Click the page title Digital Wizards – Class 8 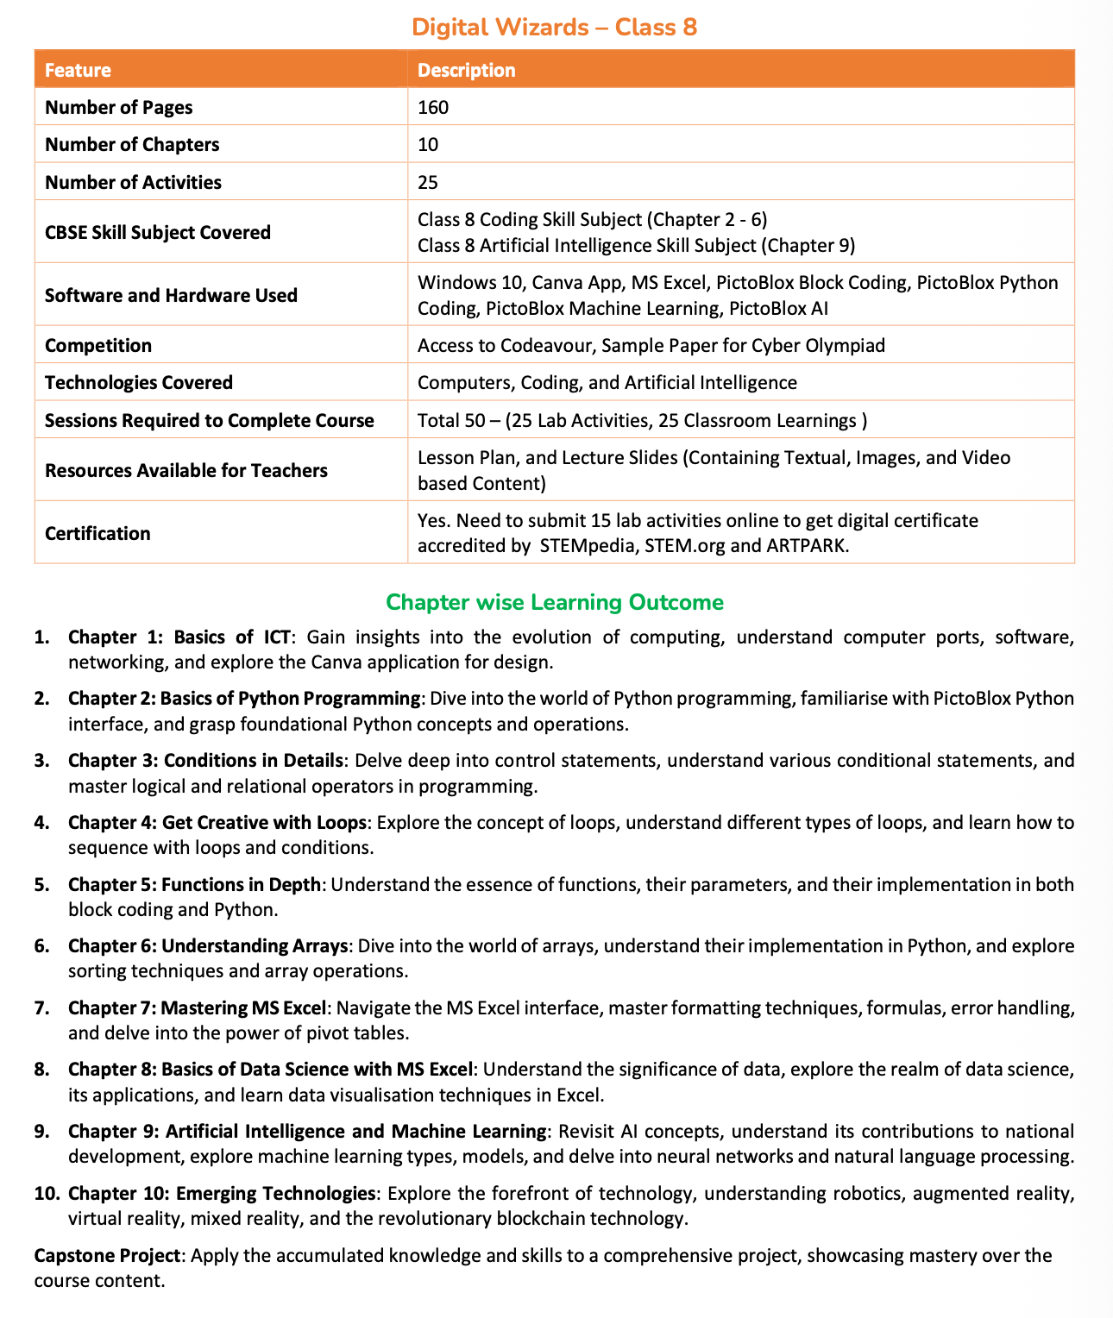click(x=555, y=27)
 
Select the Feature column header click(x=78, y=70)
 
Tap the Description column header click(x=466, y=70)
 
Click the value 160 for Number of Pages click(x=433, y=107)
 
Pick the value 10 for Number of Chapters click(x=428, y=144)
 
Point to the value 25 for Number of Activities click(x=428, y=182)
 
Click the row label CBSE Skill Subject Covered click(x=157, y=232)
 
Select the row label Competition click(x=97, y=345)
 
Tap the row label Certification click(x=97, y=533)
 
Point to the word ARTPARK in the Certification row click(x=800, y=546)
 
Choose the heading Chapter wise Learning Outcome click(x=555, y=602)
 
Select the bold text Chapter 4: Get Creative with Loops click(x=217, y=822)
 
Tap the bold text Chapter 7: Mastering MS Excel click(x=198, y=1007)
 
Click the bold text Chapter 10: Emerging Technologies click(x=222, y=1194)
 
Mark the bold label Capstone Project click(x=108, y=1255)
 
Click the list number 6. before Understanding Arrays click(x=42, y=945)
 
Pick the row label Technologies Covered click(x=138, y=382)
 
